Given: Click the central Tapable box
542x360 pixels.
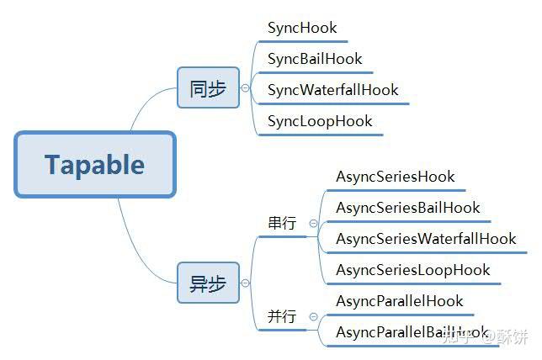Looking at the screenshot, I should coord(94,164).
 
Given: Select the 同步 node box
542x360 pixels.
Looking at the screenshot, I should coord(208,87).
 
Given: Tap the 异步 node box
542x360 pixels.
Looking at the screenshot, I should coord(208,283).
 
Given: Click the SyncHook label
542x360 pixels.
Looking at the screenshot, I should coord(302,28).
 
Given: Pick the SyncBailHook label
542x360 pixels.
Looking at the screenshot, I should coord(315,59).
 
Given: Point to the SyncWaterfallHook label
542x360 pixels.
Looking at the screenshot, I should coord(333,90).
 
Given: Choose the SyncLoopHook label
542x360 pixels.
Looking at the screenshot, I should coord(320,121).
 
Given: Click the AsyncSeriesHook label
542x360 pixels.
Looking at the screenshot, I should coord(396,177).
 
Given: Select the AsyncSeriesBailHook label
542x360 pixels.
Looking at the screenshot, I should coord(408,208).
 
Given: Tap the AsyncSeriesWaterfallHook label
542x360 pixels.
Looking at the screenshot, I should coord(426,239).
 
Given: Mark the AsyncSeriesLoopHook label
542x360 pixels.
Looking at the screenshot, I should coord(412,270).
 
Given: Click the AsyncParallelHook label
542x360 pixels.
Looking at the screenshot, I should coord(400,301).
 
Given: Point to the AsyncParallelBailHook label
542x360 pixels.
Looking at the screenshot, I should coord(412,332).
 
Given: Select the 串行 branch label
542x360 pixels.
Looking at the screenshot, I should coord(281,224).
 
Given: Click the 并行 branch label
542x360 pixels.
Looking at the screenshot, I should coord(281,317).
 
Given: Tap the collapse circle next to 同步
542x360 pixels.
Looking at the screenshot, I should coord(245,87).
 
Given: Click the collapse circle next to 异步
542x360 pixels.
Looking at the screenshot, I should coord(245,283).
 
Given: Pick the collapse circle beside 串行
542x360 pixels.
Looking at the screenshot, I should coord(313,224).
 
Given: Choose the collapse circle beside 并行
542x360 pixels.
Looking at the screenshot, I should coord(313,317).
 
